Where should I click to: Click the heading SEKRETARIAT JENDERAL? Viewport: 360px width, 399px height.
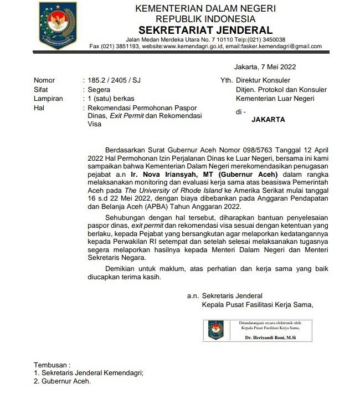tap(205, 30)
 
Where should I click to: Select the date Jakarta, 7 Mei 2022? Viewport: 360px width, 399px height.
tap(265, 67)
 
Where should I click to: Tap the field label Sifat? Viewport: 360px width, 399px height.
tap(41, 89)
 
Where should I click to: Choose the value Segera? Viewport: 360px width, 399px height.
tap(99, 89)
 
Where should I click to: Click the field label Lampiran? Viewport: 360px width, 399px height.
tap(47, 98)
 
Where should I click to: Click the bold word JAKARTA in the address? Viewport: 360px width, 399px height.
tap(268, 119)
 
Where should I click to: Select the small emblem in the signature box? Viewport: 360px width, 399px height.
tap(216, 330)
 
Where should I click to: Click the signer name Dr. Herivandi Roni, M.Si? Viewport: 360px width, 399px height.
tap(271, 337)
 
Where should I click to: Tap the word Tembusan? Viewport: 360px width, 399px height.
tap(52, 365)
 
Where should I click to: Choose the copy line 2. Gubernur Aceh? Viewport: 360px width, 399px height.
tap(62, 381)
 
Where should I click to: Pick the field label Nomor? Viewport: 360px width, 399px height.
tap(44, 80)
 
